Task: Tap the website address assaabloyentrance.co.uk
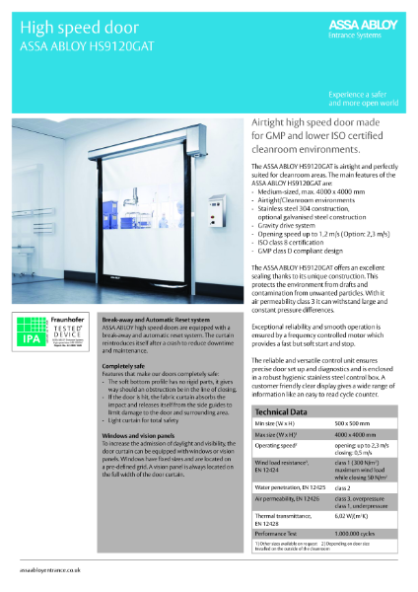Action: (x=51, y=569)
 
